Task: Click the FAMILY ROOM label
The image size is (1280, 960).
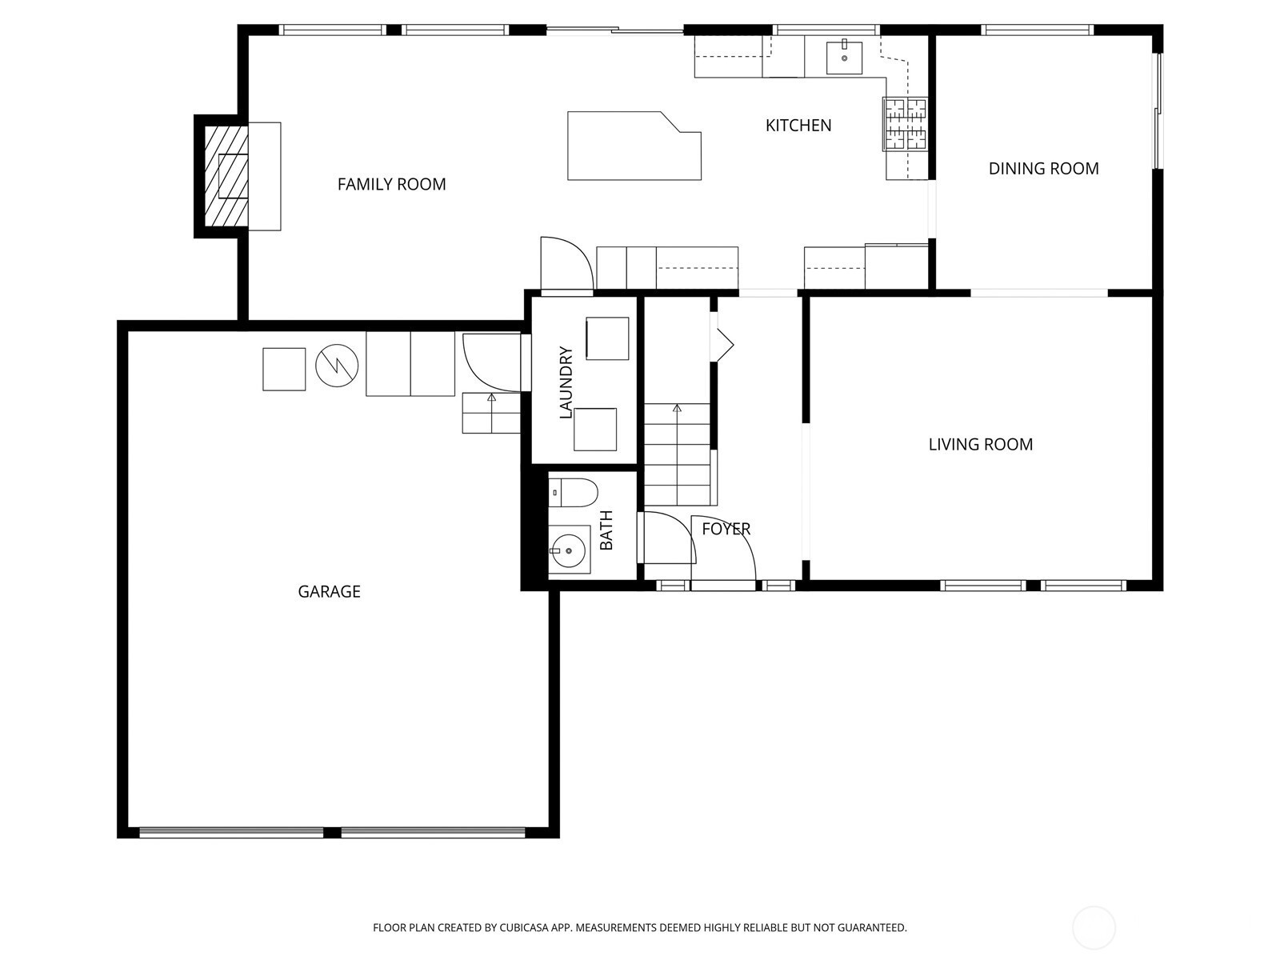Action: (x=391, y=184)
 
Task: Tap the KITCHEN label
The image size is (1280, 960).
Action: (x=798, y=126)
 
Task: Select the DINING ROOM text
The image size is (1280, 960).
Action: (x=1043, y=169)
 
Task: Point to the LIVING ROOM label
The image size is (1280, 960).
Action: (x=980, y=444)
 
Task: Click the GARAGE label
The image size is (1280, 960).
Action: (x=329, y=592)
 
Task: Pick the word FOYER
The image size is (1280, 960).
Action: (x=726, y=529)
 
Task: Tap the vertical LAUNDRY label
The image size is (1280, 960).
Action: (x=566, y=382)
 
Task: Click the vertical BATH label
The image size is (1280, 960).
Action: (x=606, y=530)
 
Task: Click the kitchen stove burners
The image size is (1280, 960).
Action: (x=905, y=124)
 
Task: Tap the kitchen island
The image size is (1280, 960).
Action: (x=634, y=146)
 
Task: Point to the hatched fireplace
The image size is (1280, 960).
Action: (x=226, y=176)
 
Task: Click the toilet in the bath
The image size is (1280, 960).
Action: (x=573, y=493)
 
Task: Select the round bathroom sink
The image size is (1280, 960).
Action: (x=569, y=550)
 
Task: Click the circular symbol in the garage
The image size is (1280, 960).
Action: (x=337, y=366)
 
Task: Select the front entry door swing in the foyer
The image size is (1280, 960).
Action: (x=724, y=548)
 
